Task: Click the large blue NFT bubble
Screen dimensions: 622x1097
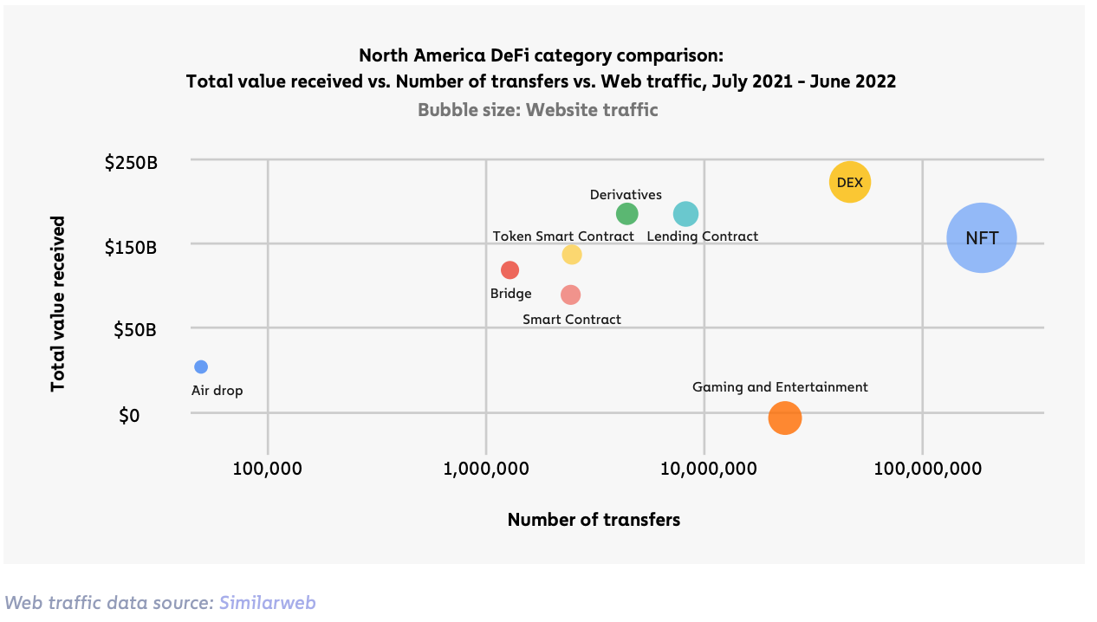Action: [x=981, y=238]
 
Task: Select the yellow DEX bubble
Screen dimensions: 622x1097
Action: [x=849, y=182]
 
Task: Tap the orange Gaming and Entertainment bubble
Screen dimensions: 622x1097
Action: [x=784, y=418]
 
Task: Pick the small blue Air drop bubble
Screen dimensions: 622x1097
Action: [x=201, y=366]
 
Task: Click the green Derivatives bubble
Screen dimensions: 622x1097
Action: [x=626, y=213]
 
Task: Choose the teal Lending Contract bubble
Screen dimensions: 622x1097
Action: [x=685, y=213]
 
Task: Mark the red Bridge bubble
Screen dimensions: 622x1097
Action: [x=510, y=270]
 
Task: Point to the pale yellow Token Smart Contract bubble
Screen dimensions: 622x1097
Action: [x=571, y=255]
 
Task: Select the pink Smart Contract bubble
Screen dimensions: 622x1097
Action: [x=570, y=295]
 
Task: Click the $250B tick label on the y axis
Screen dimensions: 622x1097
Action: [x=132, y=162]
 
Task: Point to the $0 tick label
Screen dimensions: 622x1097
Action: [x=129, y=416]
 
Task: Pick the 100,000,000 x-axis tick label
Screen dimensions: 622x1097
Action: [x=927, y=469]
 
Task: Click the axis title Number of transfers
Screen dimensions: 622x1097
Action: [x=594, y=520]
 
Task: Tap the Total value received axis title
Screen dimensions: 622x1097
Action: [x=58, y=303]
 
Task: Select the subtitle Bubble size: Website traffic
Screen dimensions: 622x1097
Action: [x=537, y=110]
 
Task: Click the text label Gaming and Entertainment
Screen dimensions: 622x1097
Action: [x=780, y=387]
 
